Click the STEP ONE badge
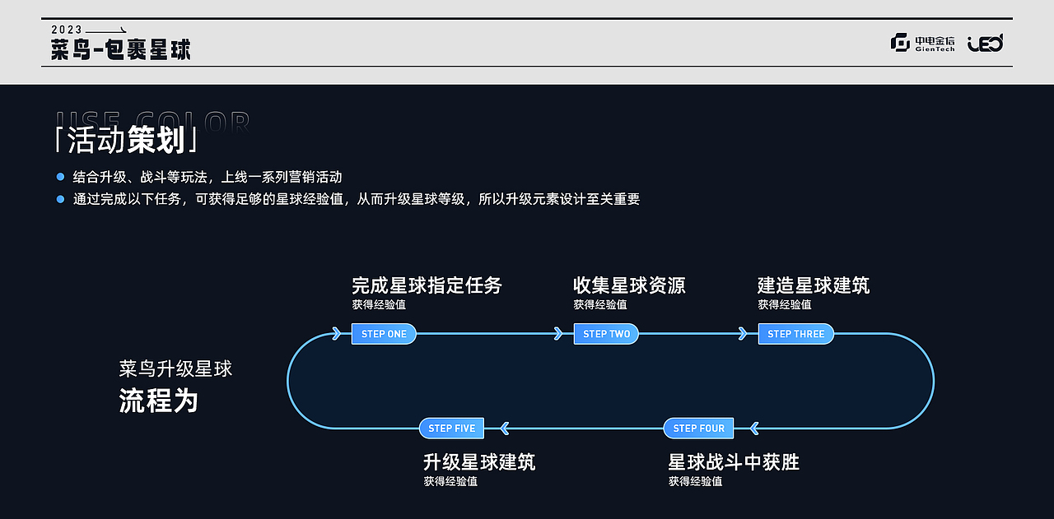[x=384, y=334]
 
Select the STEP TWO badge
[x=606, y=334]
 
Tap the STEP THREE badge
[x=795, y=334]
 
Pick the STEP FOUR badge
[x=698, y=429]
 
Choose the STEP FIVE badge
[x=451, y=429]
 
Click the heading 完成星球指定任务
[x=427, y=286]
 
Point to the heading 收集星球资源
[x=629, y=286]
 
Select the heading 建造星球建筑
[x=814, y=286]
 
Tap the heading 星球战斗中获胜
[x=734, y=462]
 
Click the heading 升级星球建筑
[x=479, y=462]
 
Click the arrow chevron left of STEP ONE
[x=336, y=334]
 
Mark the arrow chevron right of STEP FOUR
[x=753, y=429]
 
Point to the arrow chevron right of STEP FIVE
[x=505, y=429]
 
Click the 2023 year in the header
[x=66, y=30]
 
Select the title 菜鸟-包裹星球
[x=120, y=49]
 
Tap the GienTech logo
[x=923, y=43]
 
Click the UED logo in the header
[x=985, y=43]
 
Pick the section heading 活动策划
[x=125, y=141]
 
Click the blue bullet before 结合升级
[x=60, y=177]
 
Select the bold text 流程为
[x=159, y=401]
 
